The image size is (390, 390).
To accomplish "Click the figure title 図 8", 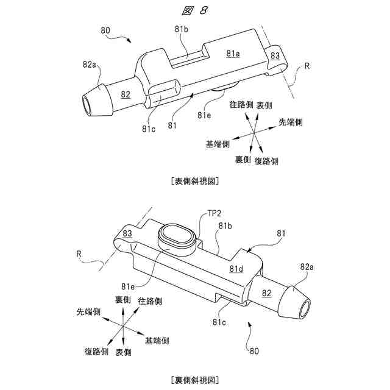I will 194,10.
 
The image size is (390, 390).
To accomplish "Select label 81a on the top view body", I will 233,54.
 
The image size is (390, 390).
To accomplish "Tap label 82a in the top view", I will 90,63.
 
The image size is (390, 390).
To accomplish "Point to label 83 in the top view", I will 275,55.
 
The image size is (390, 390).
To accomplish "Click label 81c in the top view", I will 149,129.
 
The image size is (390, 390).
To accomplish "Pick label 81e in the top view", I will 204,114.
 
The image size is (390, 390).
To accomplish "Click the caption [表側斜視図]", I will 195,181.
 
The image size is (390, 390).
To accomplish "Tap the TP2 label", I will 214,213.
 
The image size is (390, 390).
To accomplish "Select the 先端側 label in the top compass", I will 291,122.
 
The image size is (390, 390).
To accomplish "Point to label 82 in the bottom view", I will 266,293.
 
